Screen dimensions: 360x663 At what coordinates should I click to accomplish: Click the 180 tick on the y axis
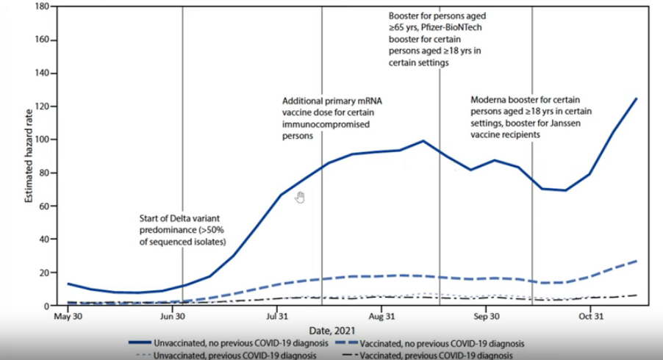pyautogui.click(x=40, y=7)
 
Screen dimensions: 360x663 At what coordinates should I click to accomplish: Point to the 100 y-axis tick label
pyautogui.click(x=40, y=140)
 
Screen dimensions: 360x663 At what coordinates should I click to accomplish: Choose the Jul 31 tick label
pyautogui.click(x=276, y=317)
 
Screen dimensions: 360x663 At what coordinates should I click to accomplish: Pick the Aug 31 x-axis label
pyautogui.click(x=381, y=317)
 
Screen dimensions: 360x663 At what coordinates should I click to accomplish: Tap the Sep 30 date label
pyautogui.click(x=486, y=317)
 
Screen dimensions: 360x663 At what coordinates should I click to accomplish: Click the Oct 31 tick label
pyautogui.click(x=589, y=317)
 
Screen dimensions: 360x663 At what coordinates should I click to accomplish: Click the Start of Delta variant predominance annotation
pyautogui.click(x=182, y=230)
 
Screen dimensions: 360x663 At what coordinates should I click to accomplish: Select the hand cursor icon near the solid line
pyautogui.click(x=300, y=197)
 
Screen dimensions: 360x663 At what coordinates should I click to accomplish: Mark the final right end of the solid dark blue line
pyautogui.click(x=636, y=98)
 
